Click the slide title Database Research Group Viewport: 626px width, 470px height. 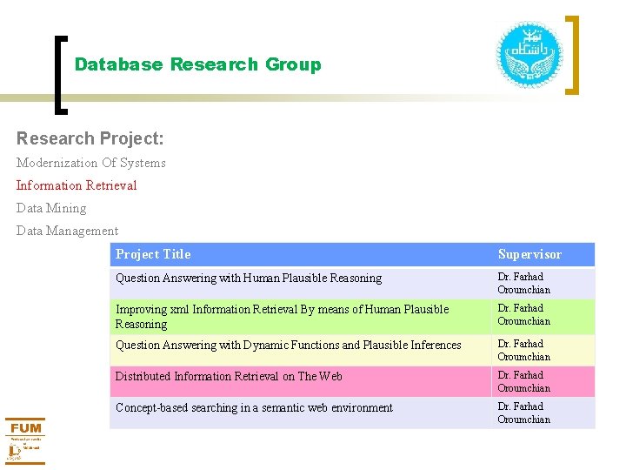click(197, 64)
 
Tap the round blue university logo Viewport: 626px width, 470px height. click(529, 55)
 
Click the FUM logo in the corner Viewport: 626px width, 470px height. click(25, 440)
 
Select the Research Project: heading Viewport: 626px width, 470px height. click(90, 138)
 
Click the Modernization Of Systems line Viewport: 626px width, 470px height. click(90, 163)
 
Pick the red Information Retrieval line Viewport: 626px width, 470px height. click(77, 185)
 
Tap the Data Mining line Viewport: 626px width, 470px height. click(51, 208)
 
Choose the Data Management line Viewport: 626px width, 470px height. click(67, 231)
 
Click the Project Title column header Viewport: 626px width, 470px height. click(153, 254)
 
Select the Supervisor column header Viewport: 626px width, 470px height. click(529, 254)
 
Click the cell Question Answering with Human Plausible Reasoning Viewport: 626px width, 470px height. click(249, 279)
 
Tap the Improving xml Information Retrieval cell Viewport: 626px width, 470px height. click(282, 316)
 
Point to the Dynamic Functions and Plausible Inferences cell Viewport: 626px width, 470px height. click(289, 346)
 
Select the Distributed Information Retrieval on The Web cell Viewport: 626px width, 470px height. click(229, 377)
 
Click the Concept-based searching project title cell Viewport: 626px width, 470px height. click(254, 408)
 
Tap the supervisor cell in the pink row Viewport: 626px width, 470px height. click(524, 381)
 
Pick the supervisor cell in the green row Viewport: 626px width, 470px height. click(524, 315)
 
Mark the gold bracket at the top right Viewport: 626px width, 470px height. click(572, 54)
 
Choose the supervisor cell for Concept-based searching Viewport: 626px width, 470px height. click(524, 413)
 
